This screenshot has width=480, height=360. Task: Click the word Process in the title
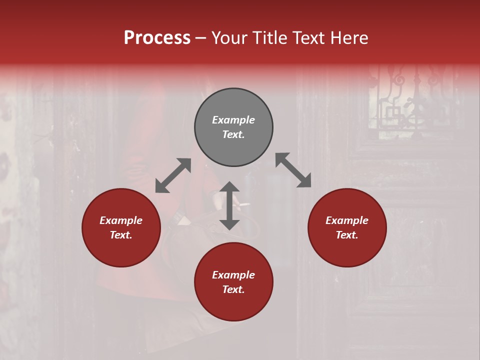(x=157, y=37)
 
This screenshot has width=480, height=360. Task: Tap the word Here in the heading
(x=348, y=37)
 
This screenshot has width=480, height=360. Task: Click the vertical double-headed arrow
(x=229, y=205)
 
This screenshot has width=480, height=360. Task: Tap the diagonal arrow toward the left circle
(x=173, y=175)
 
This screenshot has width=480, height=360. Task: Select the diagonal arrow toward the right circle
(x=293, y=170)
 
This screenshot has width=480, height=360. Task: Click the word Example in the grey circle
(x=233, y=120)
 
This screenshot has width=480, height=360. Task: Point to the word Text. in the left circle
(x=121, y=235)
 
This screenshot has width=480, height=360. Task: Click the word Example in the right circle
(x=347, y=220)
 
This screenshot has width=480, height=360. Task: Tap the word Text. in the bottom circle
(x=233, y=289)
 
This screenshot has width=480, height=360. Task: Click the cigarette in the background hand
(x=244, y=204)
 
